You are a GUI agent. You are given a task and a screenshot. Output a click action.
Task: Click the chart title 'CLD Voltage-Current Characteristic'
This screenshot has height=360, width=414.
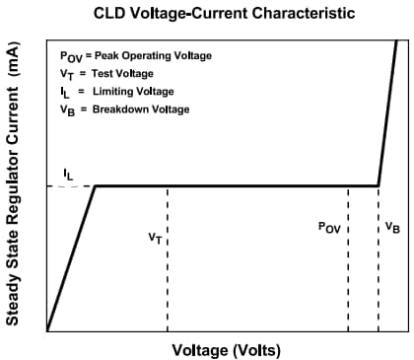[x=226, y=13]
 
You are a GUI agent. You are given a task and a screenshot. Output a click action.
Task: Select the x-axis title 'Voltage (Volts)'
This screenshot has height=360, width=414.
[x=227, y=349]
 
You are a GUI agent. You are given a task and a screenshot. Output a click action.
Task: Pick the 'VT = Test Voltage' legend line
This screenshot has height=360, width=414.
[x=109, y=74]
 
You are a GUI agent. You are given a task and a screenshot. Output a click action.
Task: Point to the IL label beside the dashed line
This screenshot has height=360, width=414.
[x=67, y=173]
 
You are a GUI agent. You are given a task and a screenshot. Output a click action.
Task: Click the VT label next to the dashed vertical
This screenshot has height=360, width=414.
[x=155, y=237]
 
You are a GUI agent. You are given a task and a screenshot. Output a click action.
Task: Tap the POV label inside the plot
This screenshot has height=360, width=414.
[x=329, y=227]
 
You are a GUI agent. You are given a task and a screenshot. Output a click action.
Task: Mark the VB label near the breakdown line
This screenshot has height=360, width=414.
[x=393, y=228]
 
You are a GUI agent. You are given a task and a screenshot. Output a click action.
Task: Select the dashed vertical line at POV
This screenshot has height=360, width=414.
[x=348, y=286]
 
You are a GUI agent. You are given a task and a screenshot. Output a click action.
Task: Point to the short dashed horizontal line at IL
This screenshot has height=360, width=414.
[x=69, y=185]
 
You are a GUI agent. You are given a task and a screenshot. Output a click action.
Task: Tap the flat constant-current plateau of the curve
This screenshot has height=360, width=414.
[x=237, y=185]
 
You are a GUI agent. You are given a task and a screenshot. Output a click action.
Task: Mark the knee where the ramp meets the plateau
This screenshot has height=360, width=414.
[x=95, y=185]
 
